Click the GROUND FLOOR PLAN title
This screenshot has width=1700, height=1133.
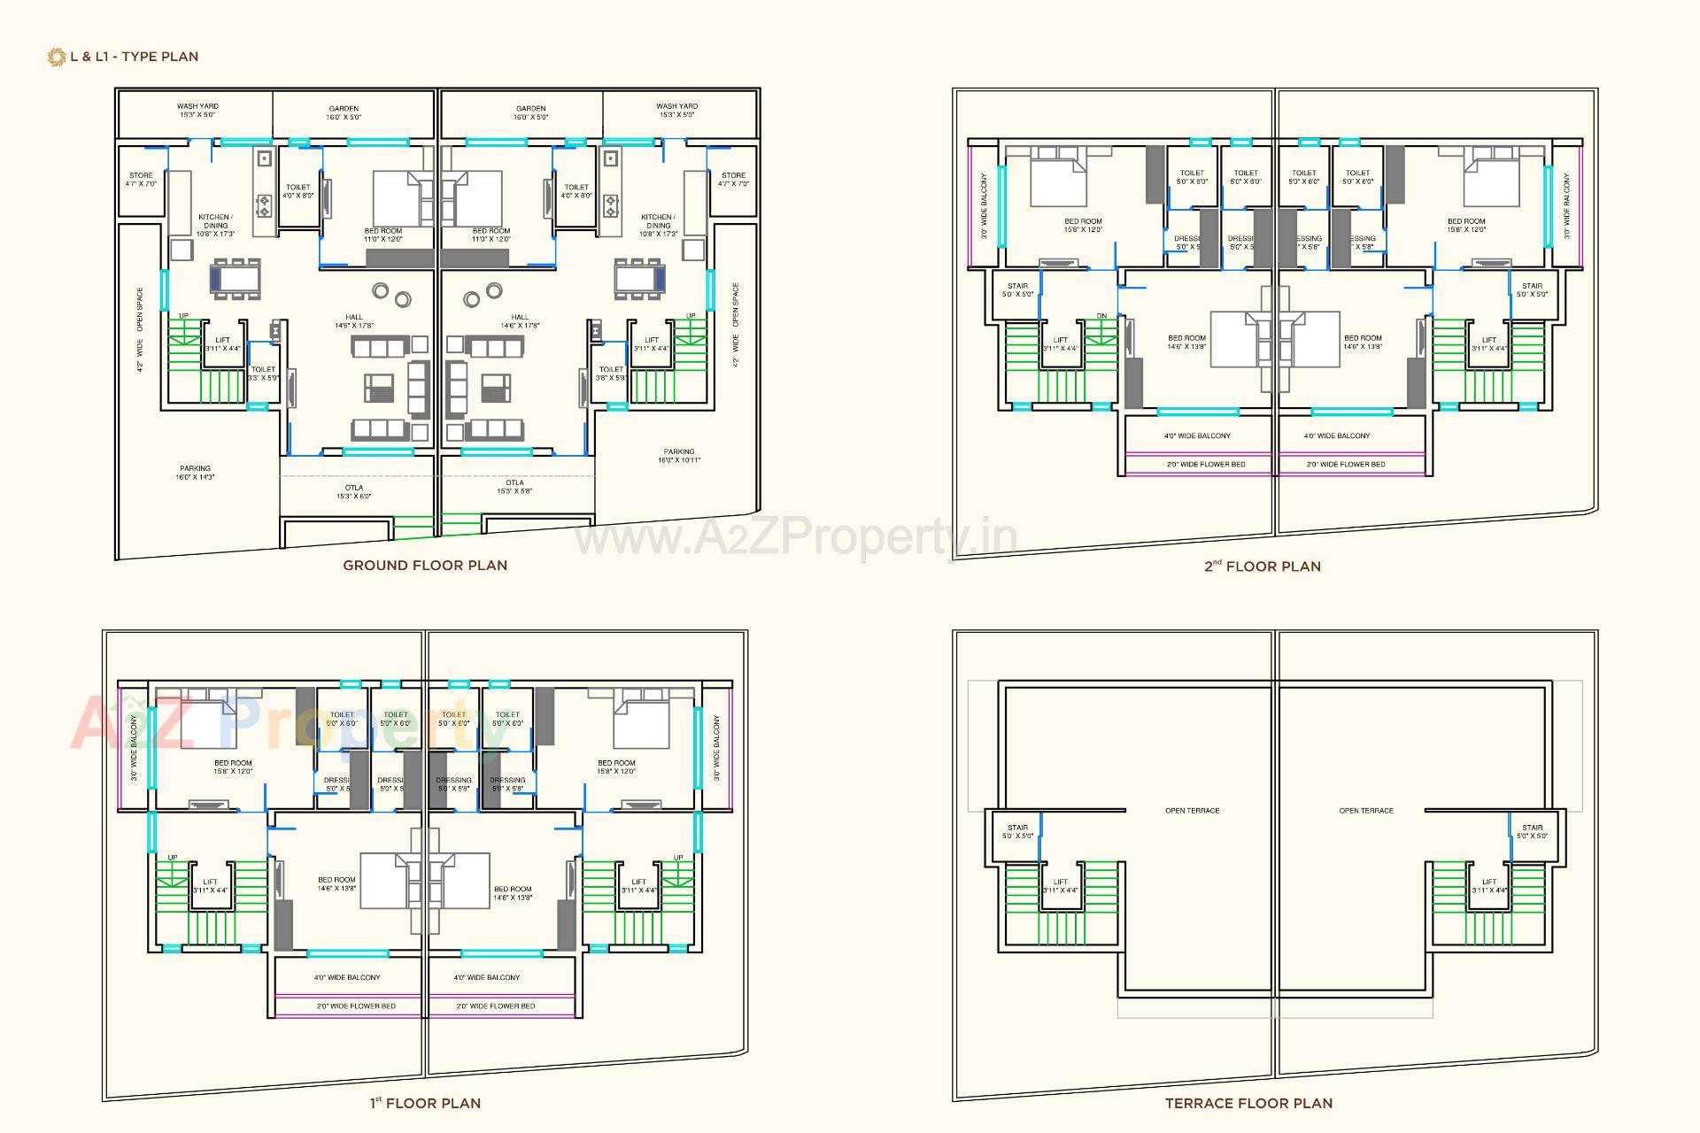coord(425,566)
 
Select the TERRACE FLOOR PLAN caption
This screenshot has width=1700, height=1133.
coord(1248,1103)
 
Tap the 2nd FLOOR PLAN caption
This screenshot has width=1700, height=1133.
coord(1263,566)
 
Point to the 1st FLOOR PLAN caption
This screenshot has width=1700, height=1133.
coord(425,1103)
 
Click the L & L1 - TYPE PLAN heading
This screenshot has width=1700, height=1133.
coord(134,57)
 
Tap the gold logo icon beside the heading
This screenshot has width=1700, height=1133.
coord(57,57)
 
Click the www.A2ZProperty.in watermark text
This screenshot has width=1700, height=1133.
coord(795,536)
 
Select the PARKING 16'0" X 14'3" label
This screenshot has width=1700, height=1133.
coord(195,473)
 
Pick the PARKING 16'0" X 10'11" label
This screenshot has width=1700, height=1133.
coord(679,456)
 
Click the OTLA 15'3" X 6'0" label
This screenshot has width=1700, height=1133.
coord(354,492)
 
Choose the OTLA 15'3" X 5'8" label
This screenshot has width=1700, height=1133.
coord(514,487)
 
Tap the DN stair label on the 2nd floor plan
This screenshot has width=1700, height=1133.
coord(1101,316)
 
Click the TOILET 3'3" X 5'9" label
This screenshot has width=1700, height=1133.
coord(263,374)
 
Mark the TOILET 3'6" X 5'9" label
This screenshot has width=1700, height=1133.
coord(611,374)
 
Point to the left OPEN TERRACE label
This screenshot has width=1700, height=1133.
coord(1192,811)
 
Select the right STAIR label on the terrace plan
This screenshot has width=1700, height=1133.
coord(1532,831)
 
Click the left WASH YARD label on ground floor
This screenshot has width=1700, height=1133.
coord(197,110)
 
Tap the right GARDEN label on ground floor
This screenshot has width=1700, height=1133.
coord(531,112)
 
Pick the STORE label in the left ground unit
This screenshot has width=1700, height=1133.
coord(141,180)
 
